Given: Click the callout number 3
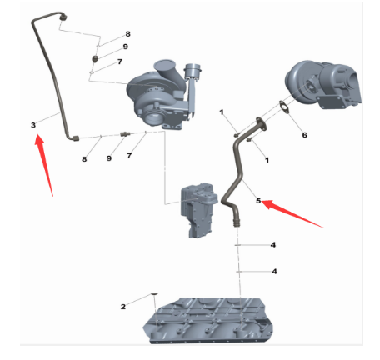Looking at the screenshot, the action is (x=33, y=125).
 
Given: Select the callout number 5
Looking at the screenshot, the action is (x=258, y=201).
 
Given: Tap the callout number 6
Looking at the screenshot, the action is (x=305, y=135).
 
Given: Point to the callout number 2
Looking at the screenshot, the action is (x=123, y=307).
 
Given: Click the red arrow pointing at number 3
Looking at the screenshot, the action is (x=43, y=164).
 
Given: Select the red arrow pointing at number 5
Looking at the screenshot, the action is (x=292, y=213).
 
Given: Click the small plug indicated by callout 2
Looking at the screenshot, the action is (x=154, y=294).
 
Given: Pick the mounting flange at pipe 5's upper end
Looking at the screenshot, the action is (x=262, y=124).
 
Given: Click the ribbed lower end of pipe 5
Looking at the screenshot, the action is (x=237, y=222).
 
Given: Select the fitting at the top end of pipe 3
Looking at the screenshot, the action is (x=63, y=17).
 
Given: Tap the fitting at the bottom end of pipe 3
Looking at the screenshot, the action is (x=75, y=137).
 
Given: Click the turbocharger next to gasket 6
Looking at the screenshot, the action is (x=323, y=85).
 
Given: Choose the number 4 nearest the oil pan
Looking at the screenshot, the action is (x=274, y=271).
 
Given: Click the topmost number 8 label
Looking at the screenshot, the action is (x=127, y=34).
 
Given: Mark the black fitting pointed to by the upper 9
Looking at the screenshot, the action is (x=96, y=59).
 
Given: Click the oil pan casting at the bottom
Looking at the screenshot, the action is (x=207, y=321).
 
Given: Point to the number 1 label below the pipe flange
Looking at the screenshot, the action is (x=267, y=160).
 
